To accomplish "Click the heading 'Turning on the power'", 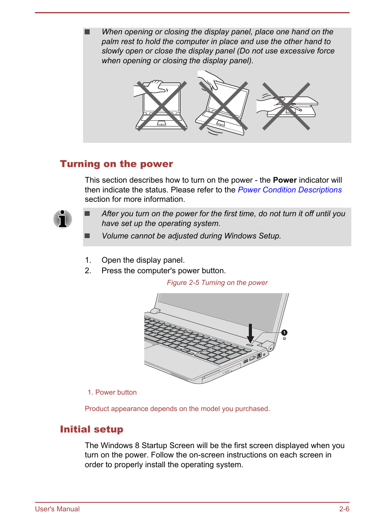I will [x=116, y=164].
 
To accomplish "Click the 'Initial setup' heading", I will [x=92, y=429].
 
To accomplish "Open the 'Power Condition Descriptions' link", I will [x=290, y=190].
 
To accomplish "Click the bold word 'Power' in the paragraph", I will [x=285, y=180].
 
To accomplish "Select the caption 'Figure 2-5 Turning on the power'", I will [x=217, y=283].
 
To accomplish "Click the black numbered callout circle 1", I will [x=285, y=333].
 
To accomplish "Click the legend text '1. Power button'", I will [x=112, y=392].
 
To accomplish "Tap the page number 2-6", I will [x=344, y=509].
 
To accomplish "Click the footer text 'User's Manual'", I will [x=57, y=509].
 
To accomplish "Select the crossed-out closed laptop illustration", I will [x=287, y=106].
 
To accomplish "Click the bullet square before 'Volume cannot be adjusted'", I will [x=87, y=236].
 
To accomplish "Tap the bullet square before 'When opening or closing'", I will [x=87, y=32].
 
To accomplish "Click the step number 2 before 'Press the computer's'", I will [x=88, y=271].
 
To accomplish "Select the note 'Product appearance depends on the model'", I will [x=177, y=409].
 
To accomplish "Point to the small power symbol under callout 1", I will [x=284, y=338].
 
